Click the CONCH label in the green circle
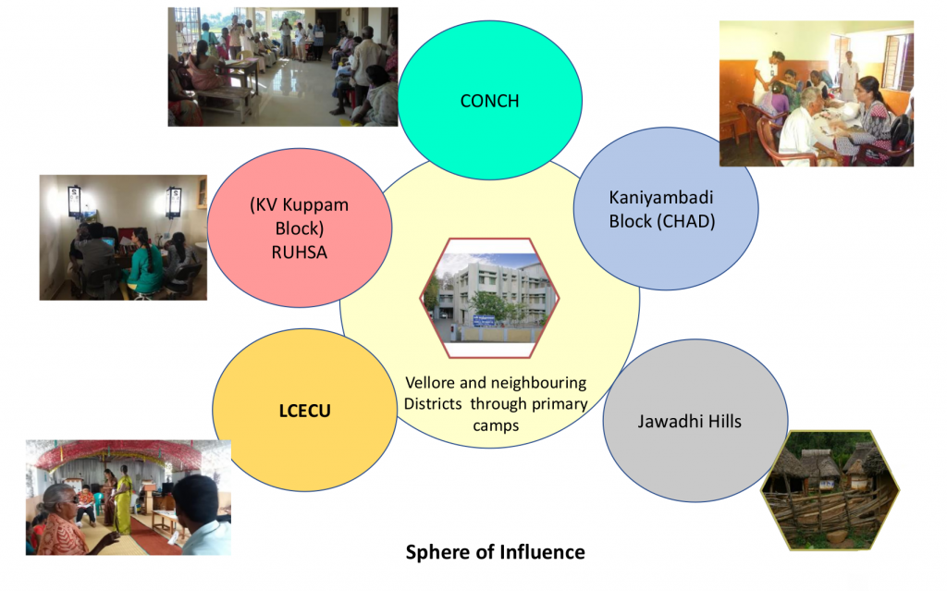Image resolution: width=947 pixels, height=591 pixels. tap(489, 101)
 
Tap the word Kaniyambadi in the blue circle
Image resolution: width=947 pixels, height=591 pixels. tap(660, 198)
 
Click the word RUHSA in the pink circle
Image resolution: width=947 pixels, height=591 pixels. tap(299, 252)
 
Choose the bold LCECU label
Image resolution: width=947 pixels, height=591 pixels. tap(304, 411)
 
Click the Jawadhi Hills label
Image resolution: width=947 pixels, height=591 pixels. tap(689, 421)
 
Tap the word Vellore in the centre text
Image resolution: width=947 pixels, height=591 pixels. tap(430, 383)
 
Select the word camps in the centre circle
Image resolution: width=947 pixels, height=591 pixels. tap(496, 425)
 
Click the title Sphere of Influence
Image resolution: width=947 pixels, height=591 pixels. tap(496, 552)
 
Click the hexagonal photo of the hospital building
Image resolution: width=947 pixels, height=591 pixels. tap(490, 298)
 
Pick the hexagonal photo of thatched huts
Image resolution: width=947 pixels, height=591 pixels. tap(830, 490)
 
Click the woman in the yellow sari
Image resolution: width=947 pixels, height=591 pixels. tap(123, 499)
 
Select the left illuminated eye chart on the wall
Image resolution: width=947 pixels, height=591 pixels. tap(74, 202)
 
